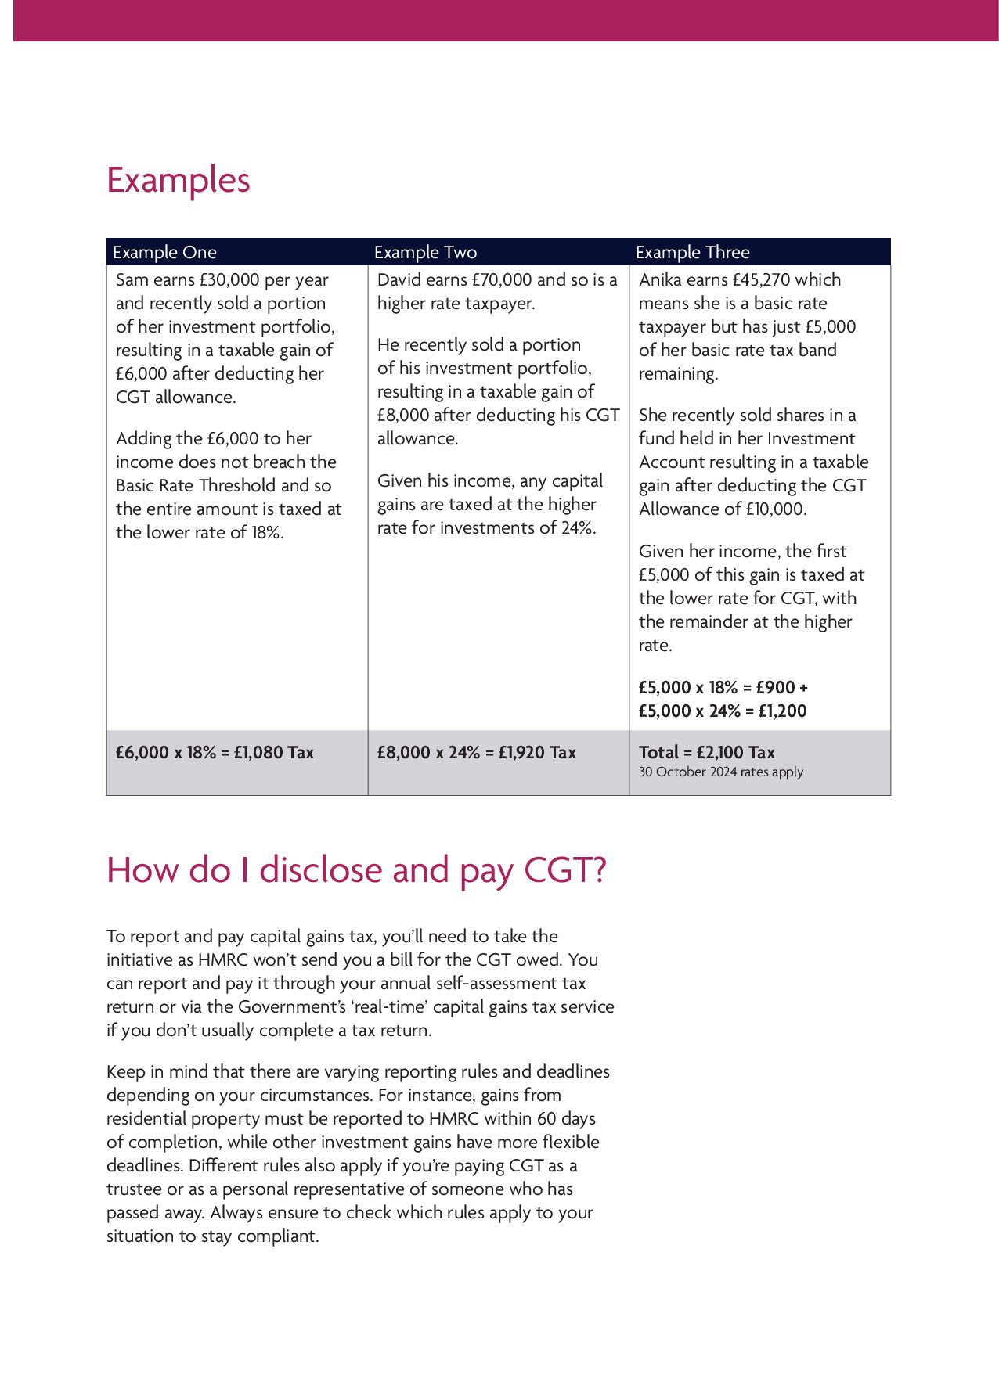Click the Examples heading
[178, 180]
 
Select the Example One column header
[164, 252]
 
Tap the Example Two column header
[425, 252]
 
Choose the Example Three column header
[692, 252]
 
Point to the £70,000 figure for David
[501, 280]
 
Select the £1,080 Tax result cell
[215, 753]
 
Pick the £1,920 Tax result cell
[476, 753]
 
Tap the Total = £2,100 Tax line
[706, 753]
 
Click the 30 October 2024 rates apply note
[720, 772]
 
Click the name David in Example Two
[399, 280]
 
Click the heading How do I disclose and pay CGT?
[356, 870]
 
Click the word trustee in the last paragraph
[132, 1189]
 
